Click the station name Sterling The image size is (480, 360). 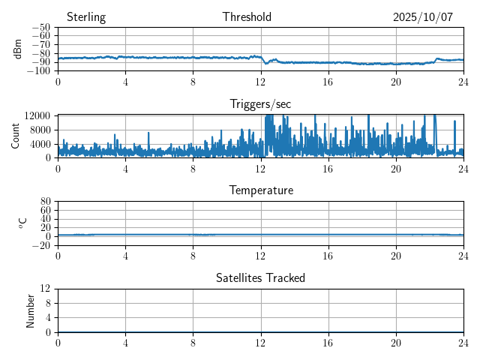click(86, 17)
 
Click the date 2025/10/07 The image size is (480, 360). click(423, 17)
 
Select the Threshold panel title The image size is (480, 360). click(247, 17)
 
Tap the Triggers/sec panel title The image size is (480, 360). click(260, 103)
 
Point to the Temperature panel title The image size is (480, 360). click(261, 190)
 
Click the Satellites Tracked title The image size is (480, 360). click(260, 277)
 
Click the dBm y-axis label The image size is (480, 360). click(19, 49)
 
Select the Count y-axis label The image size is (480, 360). click(16, 136)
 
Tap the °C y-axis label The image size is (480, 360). click(23, 223)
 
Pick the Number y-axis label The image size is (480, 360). click(31, 310)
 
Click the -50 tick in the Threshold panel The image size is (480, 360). click(40, 28)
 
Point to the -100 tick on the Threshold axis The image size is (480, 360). click(38, 71)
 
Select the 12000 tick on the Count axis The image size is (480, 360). click(37, 115)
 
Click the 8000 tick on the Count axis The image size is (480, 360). click(39, 129)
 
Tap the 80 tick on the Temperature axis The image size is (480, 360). click(46, 202)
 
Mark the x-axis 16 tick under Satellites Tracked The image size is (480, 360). click(328, 343)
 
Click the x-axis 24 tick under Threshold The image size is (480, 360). click(463, 82)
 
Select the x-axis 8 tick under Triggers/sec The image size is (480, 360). click(193, 169)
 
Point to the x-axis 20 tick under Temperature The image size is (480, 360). click(396, 256)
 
